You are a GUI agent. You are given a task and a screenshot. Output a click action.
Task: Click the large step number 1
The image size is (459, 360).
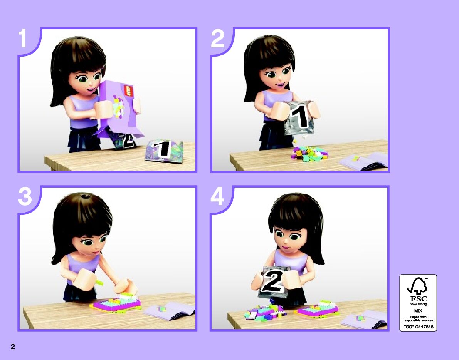[23, 39]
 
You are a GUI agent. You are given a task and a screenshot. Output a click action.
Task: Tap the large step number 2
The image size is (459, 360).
[217, 39]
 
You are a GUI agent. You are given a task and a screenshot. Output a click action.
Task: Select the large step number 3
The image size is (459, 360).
[25, 196]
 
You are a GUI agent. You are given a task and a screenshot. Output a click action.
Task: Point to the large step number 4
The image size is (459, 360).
[217, 196]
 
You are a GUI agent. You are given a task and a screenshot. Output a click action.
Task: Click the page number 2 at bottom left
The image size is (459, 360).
[13, 347]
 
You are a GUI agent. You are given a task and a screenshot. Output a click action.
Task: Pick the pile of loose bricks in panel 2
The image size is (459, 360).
[309, 154]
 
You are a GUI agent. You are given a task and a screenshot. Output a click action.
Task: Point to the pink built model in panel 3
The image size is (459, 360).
[116, 304]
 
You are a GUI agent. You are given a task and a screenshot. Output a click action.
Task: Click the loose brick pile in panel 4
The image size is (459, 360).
[265, 312]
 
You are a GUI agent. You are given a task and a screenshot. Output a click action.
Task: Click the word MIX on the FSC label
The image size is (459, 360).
[418, 311]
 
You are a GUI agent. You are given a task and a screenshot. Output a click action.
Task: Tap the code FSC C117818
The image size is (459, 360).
[418, 327]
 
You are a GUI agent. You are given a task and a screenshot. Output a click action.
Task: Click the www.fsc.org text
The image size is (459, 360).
[418, 304]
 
